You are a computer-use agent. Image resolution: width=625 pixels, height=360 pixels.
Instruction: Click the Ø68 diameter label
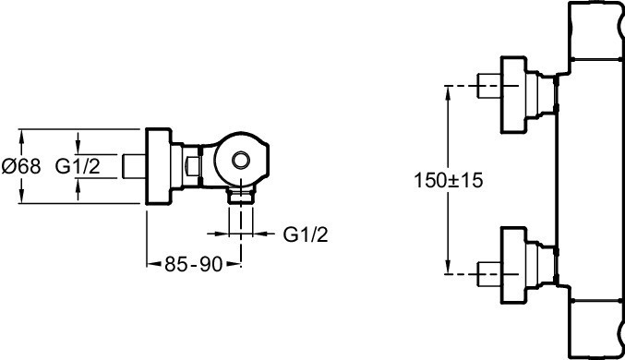click(21, 166)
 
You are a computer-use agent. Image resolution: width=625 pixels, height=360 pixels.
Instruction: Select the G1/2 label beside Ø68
click(78, 166)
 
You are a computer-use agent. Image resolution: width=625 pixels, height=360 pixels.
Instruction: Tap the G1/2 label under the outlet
click(306, 234)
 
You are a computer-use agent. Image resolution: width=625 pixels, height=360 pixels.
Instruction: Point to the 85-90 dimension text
click(193, 264)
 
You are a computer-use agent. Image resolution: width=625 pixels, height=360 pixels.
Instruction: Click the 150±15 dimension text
click(449, 180)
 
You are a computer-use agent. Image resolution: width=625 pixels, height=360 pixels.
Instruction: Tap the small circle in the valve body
click(241, 161)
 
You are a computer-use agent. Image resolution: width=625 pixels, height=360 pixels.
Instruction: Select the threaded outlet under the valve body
click(241, 196)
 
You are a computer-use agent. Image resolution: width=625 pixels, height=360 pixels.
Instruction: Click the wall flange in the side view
click(158, 166)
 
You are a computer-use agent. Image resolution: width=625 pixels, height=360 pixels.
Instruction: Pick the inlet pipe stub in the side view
click(134, 166)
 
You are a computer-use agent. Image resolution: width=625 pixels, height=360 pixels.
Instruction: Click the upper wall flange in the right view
click(514, 94)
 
